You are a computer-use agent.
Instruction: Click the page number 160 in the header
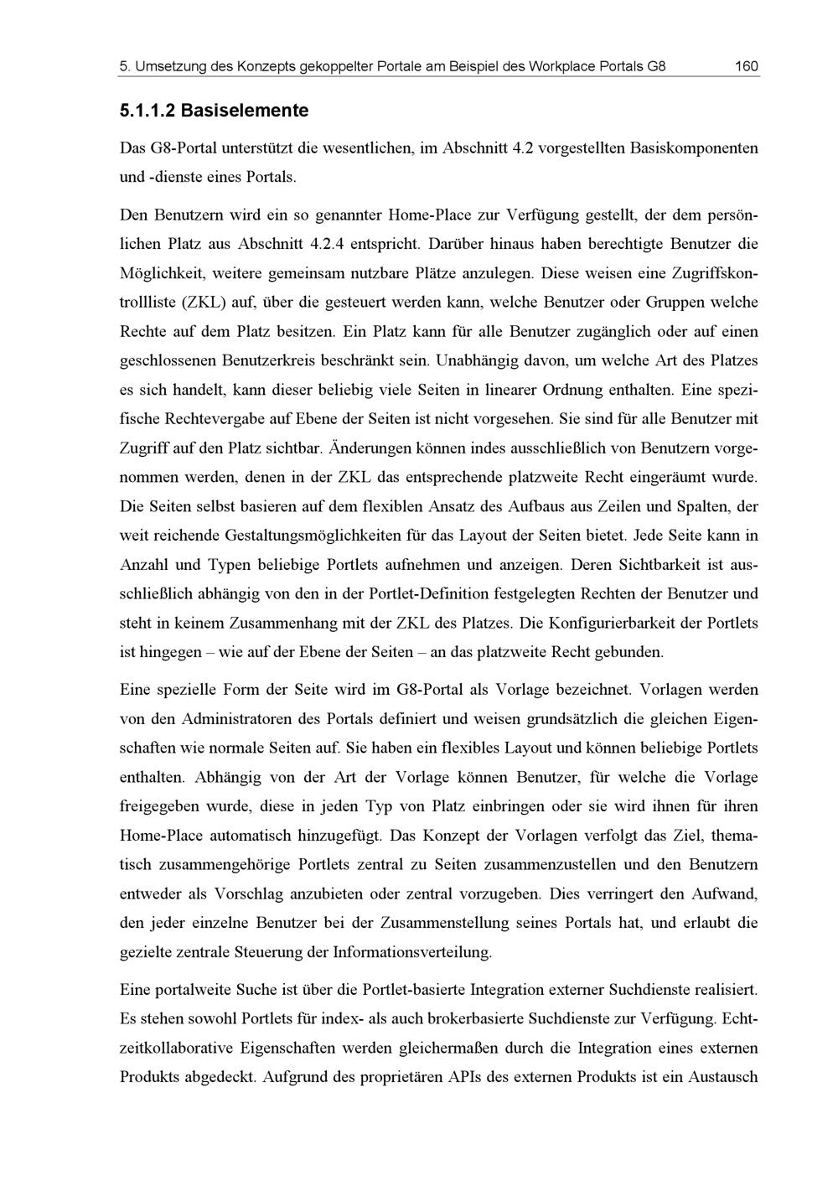coord(745,66)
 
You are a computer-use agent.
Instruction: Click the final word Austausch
coord(722,1077)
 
